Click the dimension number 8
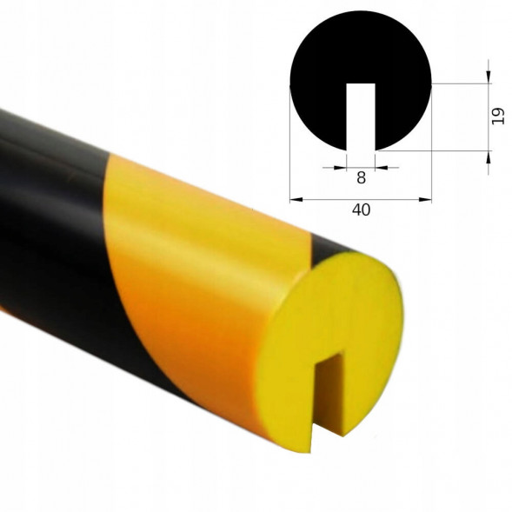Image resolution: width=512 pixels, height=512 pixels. coord(361,178)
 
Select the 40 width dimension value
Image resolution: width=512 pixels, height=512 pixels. coord(361,209)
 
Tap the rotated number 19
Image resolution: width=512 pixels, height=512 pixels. coord(497,116)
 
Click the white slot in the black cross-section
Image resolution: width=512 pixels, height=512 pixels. coord(361,116)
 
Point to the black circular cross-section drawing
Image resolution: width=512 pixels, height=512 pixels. coord(327,65)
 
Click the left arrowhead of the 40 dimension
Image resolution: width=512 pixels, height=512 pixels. coord(296,199)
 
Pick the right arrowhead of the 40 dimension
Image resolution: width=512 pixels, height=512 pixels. coord(425,199)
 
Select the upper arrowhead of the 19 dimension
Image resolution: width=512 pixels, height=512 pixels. coord(489,77)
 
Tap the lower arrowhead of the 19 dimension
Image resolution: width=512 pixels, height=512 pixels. coord(489,157)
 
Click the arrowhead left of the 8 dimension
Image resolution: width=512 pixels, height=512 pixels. coord(340,168)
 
